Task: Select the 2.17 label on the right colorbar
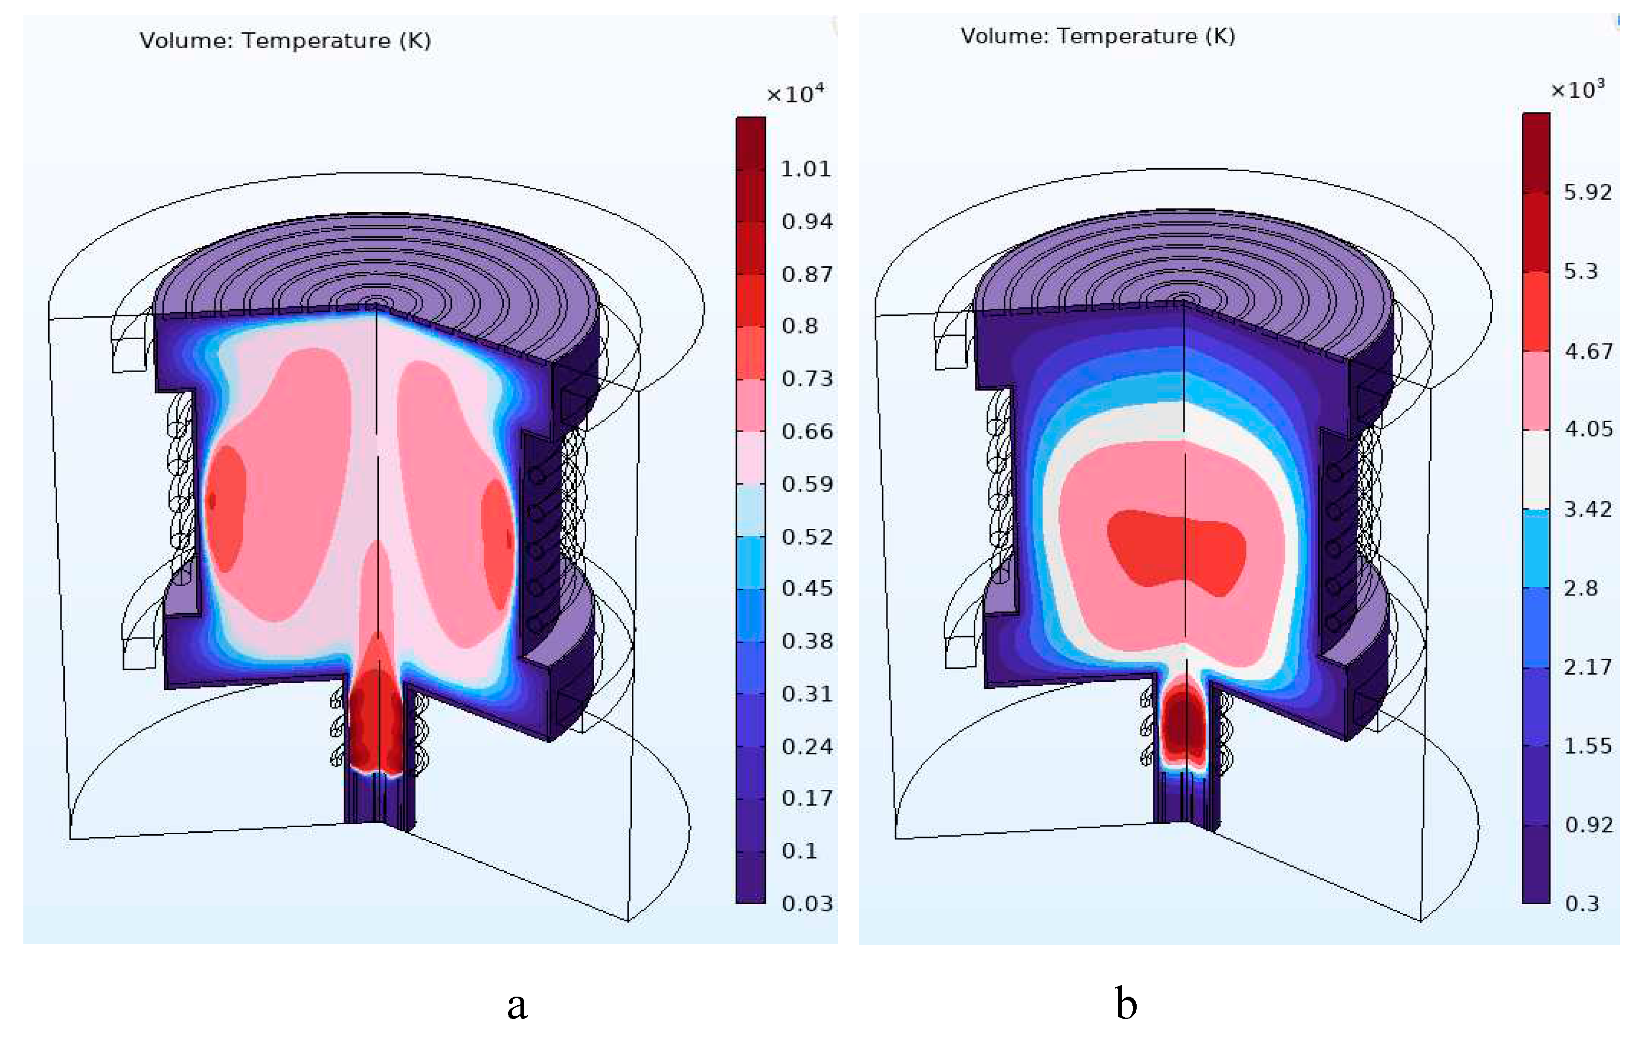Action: (x=1587, y=667)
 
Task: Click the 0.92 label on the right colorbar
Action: (x=1588, y=825)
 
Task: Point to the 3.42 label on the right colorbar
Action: (x=1587, y=509)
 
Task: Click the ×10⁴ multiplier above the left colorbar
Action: (x=794, y=93)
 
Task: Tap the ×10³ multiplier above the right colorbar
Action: (x=1577, y=89)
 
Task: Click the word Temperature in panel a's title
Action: (x=316, y=41)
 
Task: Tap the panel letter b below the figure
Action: (x=1126, y=1004)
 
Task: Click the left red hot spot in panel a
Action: (x=225, y=508)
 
